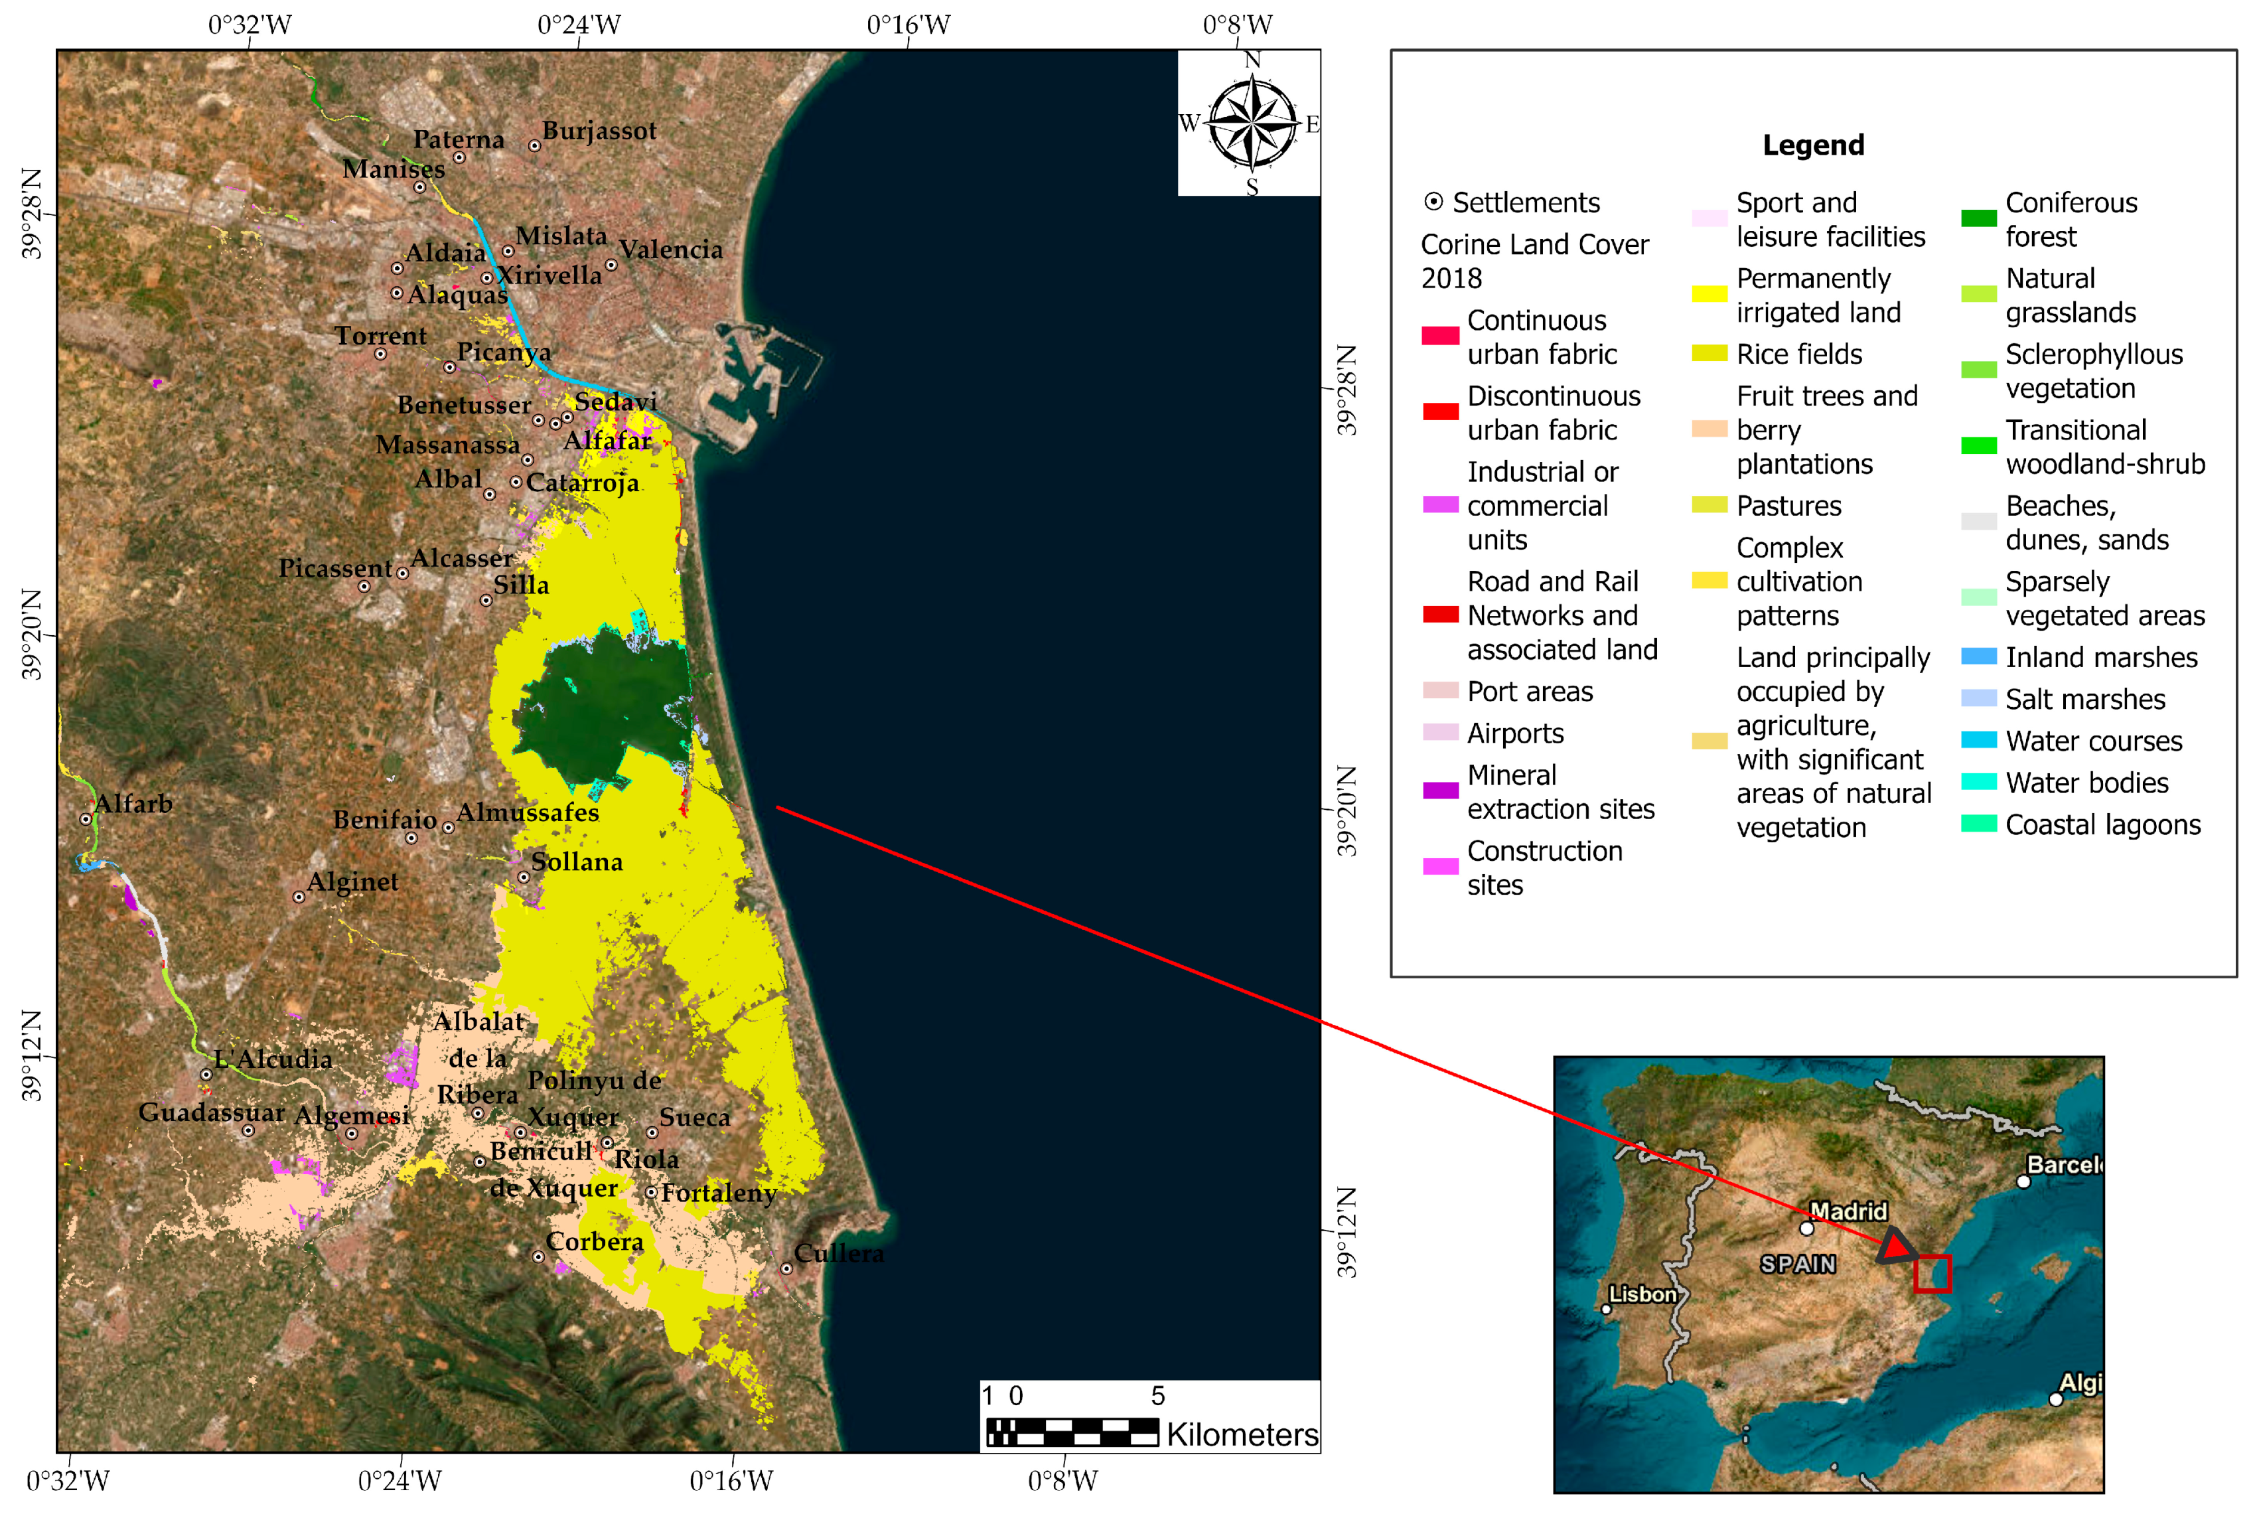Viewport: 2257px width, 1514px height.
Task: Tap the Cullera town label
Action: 838,1253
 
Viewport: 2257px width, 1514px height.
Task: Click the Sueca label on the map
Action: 694,1117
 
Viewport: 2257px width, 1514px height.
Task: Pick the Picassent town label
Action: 335,568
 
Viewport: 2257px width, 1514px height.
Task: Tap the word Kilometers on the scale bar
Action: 1242,1435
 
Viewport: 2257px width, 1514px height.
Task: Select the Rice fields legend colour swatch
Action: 1709,353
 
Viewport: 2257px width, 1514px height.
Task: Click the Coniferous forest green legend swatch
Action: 1978,219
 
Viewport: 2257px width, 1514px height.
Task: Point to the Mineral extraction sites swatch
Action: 1439,791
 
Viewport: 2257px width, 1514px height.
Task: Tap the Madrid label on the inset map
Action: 1848,1211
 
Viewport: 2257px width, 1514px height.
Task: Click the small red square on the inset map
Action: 1932,1272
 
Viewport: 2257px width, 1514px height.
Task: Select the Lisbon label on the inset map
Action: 1642,1294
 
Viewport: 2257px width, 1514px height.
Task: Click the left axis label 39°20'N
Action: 32,635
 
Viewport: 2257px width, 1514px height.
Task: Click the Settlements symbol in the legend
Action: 1433,202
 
